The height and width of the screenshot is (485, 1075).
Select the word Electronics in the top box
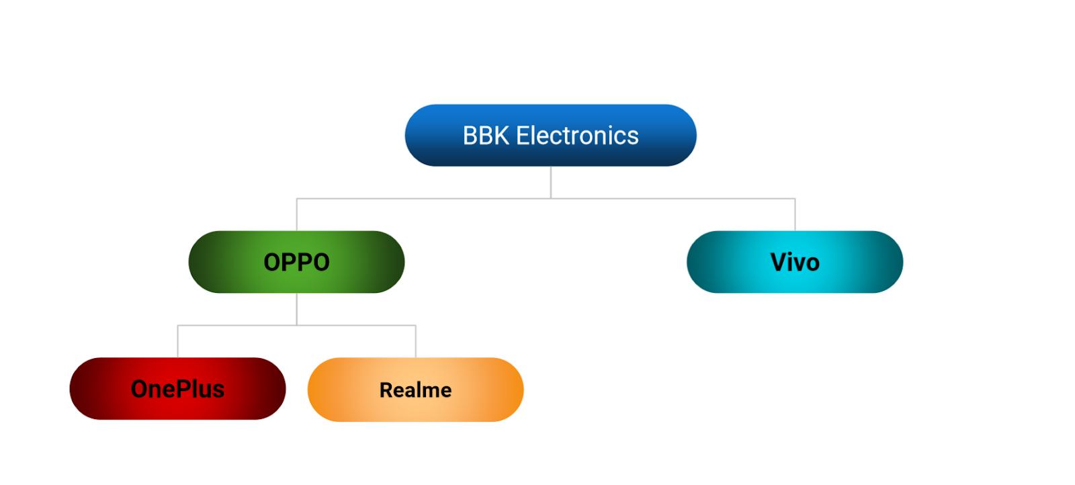click(577, 136)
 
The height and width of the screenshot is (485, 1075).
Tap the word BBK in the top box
click(486, 136)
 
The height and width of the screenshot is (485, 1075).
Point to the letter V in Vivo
click(778, 262)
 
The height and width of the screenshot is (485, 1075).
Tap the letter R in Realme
click(386, 390)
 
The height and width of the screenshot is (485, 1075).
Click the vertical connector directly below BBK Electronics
click(551, 181)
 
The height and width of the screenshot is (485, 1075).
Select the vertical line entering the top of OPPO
click(297, 215)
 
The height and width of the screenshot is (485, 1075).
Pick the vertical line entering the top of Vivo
click(795, 215)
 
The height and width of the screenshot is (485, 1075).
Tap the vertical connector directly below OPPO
click(297, 309)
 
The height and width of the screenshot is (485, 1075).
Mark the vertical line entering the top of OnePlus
click(178, 341)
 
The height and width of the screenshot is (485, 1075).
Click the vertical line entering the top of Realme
click(416, 341)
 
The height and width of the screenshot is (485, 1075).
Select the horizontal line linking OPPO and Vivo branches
click(672, 199)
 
